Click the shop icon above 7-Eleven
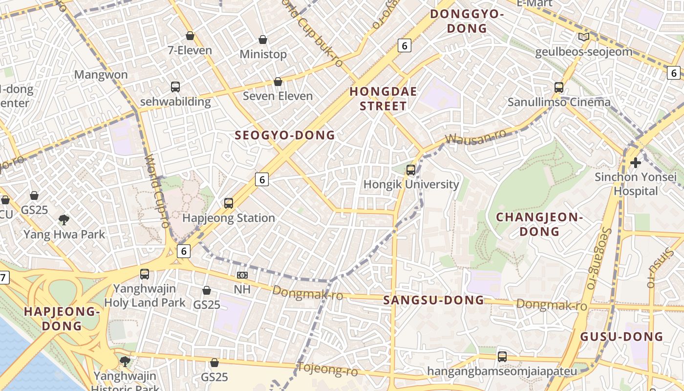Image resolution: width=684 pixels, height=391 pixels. point(190,36)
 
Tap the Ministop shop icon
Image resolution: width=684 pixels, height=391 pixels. point(263,40)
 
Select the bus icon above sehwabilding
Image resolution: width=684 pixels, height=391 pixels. point(175,87)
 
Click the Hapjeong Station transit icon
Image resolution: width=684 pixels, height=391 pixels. point(229,203)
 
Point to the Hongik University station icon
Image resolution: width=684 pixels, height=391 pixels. point(411,170)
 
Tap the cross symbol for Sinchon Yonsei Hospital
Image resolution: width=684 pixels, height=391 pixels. point(635,162)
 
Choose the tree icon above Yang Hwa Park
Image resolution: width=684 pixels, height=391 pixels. point(64,219)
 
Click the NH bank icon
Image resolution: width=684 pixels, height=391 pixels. point(242,275)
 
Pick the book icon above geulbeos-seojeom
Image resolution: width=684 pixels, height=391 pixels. point(583,37)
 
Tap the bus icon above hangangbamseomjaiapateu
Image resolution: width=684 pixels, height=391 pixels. point(502,356)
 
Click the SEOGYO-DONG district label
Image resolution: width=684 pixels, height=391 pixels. point(285,135)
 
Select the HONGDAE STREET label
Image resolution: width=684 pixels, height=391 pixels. point(384,99)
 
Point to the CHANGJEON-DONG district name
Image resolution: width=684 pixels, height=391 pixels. point(539,224)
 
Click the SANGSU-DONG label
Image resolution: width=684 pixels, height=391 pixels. point(434,300)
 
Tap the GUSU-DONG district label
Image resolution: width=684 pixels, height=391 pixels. point(621,336)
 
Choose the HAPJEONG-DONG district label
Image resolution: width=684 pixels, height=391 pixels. point(62,319)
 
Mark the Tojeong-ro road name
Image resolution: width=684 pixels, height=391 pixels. point(327,369)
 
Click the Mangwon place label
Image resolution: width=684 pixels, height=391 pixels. point(101,75)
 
